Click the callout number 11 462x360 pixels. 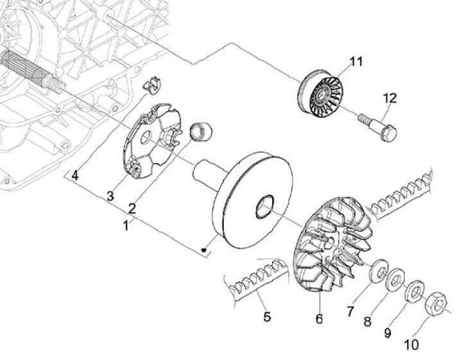(356, 62)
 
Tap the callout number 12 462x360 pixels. (390, 98)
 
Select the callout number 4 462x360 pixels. (75, 176)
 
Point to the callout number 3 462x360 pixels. (110, 196)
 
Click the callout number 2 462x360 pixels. (132, 209)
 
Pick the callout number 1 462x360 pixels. (126, 226)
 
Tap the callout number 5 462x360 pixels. (267, 317)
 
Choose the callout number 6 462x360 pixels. (319, 319)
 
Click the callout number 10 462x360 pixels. (411, 345)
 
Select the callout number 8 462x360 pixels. (367, 321)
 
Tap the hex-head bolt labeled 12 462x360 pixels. (378, 128)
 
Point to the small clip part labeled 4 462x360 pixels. (152, 85)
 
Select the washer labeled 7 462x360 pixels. (379, 271)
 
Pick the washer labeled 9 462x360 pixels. (415, 291)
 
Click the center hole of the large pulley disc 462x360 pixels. (264, 207)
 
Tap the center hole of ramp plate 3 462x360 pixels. (146, 137)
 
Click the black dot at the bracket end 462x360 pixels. (203, 250)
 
